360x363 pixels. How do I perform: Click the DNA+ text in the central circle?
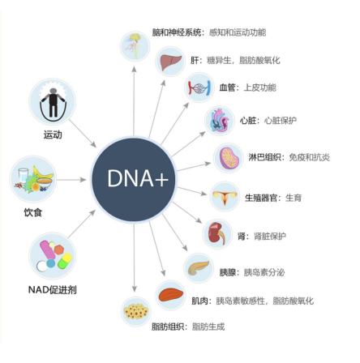138,178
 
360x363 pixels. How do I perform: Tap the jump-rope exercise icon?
53,101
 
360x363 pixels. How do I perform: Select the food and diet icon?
33,179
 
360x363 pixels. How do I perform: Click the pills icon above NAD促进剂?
53,256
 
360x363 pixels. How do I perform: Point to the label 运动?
53,135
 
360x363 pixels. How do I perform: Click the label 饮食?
33,212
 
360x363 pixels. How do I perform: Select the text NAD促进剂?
53,290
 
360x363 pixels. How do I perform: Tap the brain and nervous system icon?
135,46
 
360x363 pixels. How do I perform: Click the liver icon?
170,62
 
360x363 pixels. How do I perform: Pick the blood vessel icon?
199,88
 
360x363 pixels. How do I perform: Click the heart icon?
220,121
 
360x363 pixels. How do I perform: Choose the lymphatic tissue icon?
229,158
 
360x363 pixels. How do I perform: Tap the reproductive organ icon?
225,197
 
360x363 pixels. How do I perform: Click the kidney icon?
217,234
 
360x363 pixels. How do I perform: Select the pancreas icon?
199,268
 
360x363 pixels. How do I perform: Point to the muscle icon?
170,295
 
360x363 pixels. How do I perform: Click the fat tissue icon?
136,312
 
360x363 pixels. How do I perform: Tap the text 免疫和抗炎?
310,157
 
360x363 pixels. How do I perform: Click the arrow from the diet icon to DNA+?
71,180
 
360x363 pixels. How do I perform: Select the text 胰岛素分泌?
264,272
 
